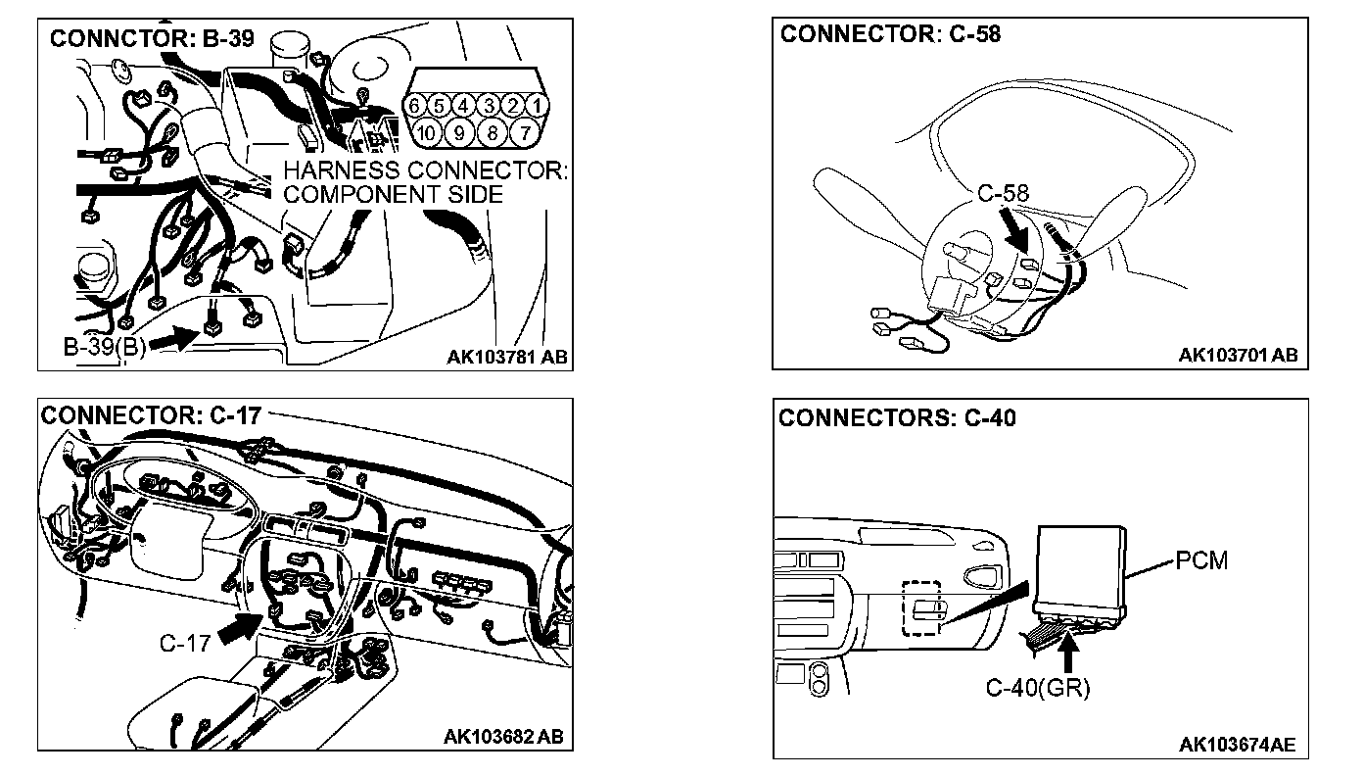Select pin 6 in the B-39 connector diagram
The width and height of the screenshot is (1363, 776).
(x=416, y=105)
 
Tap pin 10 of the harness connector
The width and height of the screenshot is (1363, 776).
(x=425, y=131)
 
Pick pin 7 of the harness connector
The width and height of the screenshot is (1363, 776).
(x=525, y=131)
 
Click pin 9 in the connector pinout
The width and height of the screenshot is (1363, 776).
(x=459, y=131)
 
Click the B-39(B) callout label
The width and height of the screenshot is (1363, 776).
(x=104, y=348)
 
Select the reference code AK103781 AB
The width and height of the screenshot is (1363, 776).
(x=506, y=359)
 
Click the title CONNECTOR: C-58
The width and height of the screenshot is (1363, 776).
(x=890, y=34)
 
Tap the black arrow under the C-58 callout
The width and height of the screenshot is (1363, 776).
(x=1015, y=233)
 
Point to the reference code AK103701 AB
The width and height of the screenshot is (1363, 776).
(x=1238, y=355)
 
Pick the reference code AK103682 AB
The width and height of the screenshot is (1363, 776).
(x=503, y=736)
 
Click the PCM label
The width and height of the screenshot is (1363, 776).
(x=1202, y=561)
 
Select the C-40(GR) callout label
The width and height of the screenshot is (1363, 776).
(x=1038, y=688)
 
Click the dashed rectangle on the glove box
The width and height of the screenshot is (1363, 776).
(x=920, y=607)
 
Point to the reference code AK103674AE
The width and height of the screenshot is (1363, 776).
(x=1237, y=746)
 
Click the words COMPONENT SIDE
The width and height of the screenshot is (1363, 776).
(x=393, y=194)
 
